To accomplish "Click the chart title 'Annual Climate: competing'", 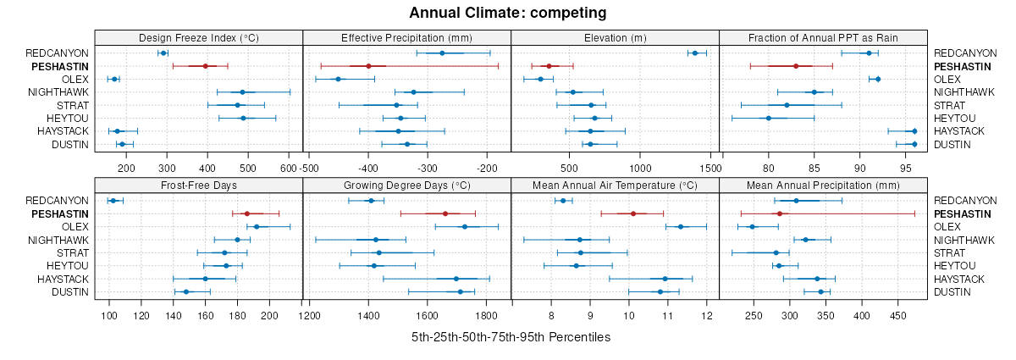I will pos(508,13).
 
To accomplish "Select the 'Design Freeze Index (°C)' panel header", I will pos(198,37).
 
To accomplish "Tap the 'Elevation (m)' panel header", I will pos(615,37).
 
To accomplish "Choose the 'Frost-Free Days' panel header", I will pos(198,185).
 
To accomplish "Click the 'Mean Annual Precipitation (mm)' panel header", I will pos(823,185).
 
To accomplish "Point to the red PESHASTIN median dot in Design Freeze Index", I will pos(205,66).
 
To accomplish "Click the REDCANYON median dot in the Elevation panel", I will pos(695,53).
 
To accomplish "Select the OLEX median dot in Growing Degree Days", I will pos(464,226).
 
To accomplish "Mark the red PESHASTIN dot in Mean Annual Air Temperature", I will pos(633,213).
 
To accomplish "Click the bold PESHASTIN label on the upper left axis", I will pos(60,66).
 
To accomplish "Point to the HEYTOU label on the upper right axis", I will pos(954,118).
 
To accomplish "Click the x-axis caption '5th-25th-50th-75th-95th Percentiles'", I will pos(511,337).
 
